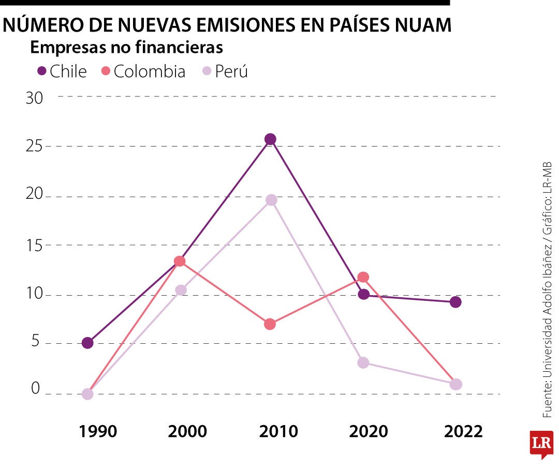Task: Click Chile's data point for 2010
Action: pyautogui.click(x=270, y=139)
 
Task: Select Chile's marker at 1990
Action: pyautogui.click(x=87, y=343)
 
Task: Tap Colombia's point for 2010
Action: pyautogui.click(x=270, y=325)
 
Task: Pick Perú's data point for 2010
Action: pyautogui.click(x=271, y=200)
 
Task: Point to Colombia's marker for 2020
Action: pyautogui.click(x=363, y=278)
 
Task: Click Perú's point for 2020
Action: pyautogui.click(x=363, y=362)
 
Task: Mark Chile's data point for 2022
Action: pyautogui.click(x=455, y=302)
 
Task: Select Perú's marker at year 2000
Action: pyautogui.click(x=180, y=290)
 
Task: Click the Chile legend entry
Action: pyautogui.click(x=62, y=71)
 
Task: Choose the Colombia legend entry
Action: pyautogui.click(x=143, y=71)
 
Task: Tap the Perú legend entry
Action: pyautogui.click(x=225, y=71)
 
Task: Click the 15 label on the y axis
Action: pyautogui.click(x=34, y=245)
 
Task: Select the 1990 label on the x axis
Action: pyautogui.click(x=98, y=431)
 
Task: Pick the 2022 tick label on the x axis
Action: pyautogui.click(x=463, y=431)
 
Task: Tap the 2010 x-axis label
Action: pyautogui.click(x=279, y=431)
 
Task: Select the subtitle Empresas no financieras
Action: pyautogui.click(x=126, y=48)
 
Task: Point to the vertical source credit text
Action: pyautogui.click(x=547, y=290)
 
